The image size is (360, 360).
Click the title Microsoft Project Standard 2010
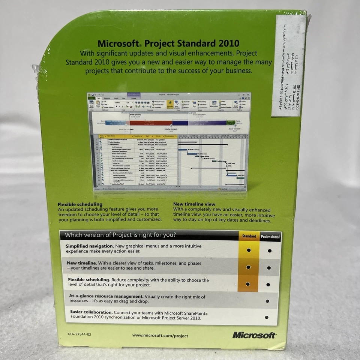[x=168, y=44]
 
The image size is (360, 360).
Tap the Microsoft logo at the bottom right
[x=254, y=335]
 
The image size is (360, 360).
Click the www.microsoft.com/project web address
[x=160, y=336]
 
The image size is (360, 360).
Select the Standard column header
[x=249, y=236]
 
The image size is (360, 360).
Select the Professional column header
[x=270, y=237]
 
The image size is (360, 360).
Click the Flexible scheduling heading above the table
[x=80, y=204]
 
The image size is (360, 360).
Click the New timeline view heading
[x=193, y=204]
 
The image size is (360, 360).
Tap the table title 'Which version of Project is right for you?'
[x=120, y=235]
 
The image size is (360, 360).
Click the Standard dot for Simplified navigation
[x=248, y=250]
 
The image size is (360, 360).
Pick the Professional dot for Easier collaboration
[x=267, y=317]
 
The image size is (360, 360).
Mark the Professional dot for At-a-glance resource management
[x=267, y=301]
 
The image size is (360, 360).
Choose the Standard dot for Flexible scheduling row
[x=247, y=284]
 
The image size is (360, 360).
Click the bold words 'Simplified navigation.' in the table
[x=89, y=246]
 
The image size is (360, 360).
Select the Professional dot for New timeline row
[x=269, y=268]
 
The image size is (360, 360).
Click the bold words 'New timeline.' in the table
[x=82, y=263]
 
